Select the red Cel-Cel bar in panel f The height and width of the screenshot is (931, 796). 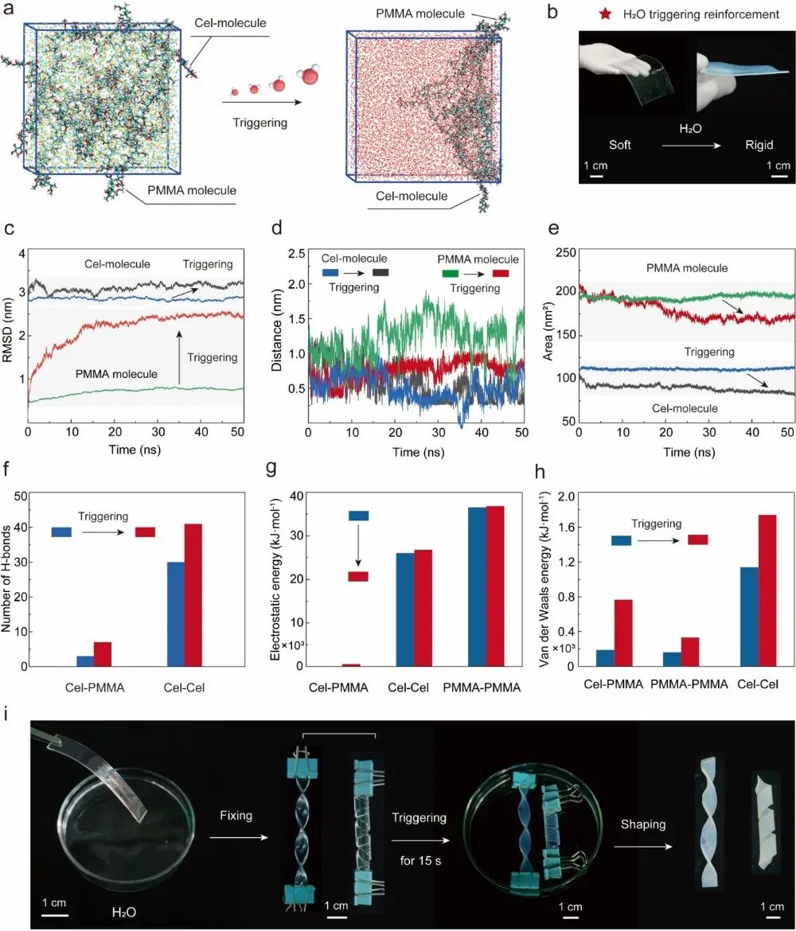pos(193,595)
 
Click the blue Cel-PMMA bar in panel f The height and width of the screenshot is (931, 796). pos(85,660)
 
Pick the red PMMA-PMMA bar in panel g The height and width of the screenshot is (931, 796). pos(495,586)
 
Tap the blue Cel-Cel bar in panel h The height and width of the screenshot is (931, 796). pos(750,617)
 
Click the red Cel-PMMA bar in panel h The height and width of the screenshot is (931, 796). pos(623,633)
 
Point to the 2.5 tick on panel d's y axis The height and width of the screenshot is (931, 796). pos(296,254)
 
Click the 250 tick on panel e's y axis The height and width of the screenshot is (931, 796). pos(566,252)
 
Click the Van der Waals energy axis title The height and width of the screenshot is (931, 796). pos(544,579)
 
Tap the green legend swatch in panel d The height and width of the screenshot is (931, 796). pos(451,274)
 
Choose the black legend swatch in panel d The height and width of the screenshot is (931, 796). pos(380,272)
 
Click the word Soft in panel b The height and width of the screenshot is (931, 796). pos(619,145)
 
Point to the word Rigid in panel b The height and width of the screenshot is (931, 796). pos(759,145)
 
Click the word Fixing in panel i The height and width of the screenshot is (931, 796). pos(236,816)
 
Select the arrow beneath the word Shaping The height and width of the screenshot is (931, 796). pos(642,846)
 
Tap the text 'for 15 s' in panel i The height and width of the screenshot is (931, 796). pos(420,860)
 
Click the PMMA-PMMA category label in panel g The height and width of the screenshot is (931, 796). pos(482,688)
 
